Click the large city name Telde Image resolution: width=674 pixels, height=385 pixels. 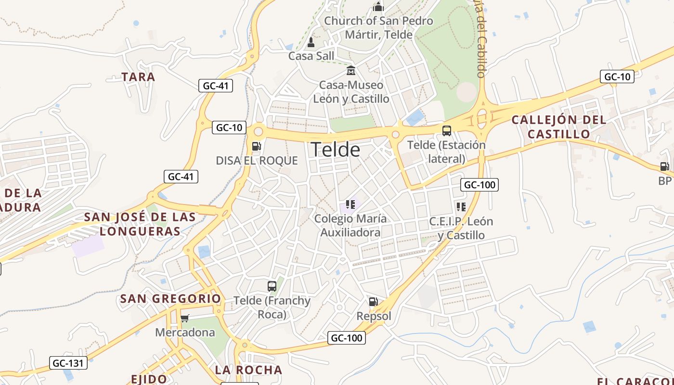point(336,150)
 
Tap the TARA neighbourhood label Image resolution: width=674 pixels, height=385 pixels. point(138,77)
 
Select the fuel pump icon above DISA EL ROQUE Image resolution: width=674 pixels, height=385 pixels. point(257,146)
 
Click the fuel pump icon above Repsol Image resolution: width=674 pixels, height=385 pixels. point(373,302)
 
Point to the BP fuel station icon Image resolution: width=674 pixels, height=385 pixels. point(665,167)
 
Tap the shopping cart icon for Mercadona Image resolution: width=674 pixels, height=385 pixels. point(184,318)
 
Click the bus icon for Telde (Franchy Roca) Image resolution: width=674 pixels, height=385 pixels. point(272,286)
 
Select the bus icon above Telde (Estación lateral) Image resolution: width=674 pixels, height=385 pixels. point(447,130)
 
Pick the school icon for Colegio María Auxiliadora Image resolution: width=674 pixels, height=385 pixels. point(350,205)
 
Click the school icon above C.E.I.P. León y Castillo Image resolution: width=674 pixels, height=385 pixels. point(461,207)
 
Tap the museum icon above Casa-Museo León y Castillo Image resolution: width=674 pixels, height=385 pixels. point(351,71)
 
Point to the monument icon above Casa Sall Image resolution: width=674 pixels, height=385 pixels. point(311,42)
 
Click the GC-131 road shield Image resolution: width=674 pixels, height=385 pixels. point(68,363)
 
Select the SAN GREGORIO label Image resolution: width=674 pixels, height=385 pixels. point(170,299)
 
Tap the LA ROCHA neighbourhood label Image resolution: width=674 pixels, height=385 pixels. point(248,370)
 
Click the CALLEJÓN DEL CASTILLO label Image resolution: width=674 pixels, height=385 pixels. point(558,127)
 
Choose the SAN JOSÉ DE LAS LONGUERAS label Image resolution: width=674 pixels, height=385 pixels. point(140,224)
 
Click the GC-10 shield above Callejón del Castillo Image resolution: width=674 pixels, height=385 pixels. point(617,77)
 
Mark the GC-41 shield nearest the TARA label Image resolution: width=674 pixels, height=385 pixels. point(216,86)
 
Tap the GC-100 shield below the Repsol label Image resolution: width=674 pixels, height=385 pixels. point(347,338)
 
